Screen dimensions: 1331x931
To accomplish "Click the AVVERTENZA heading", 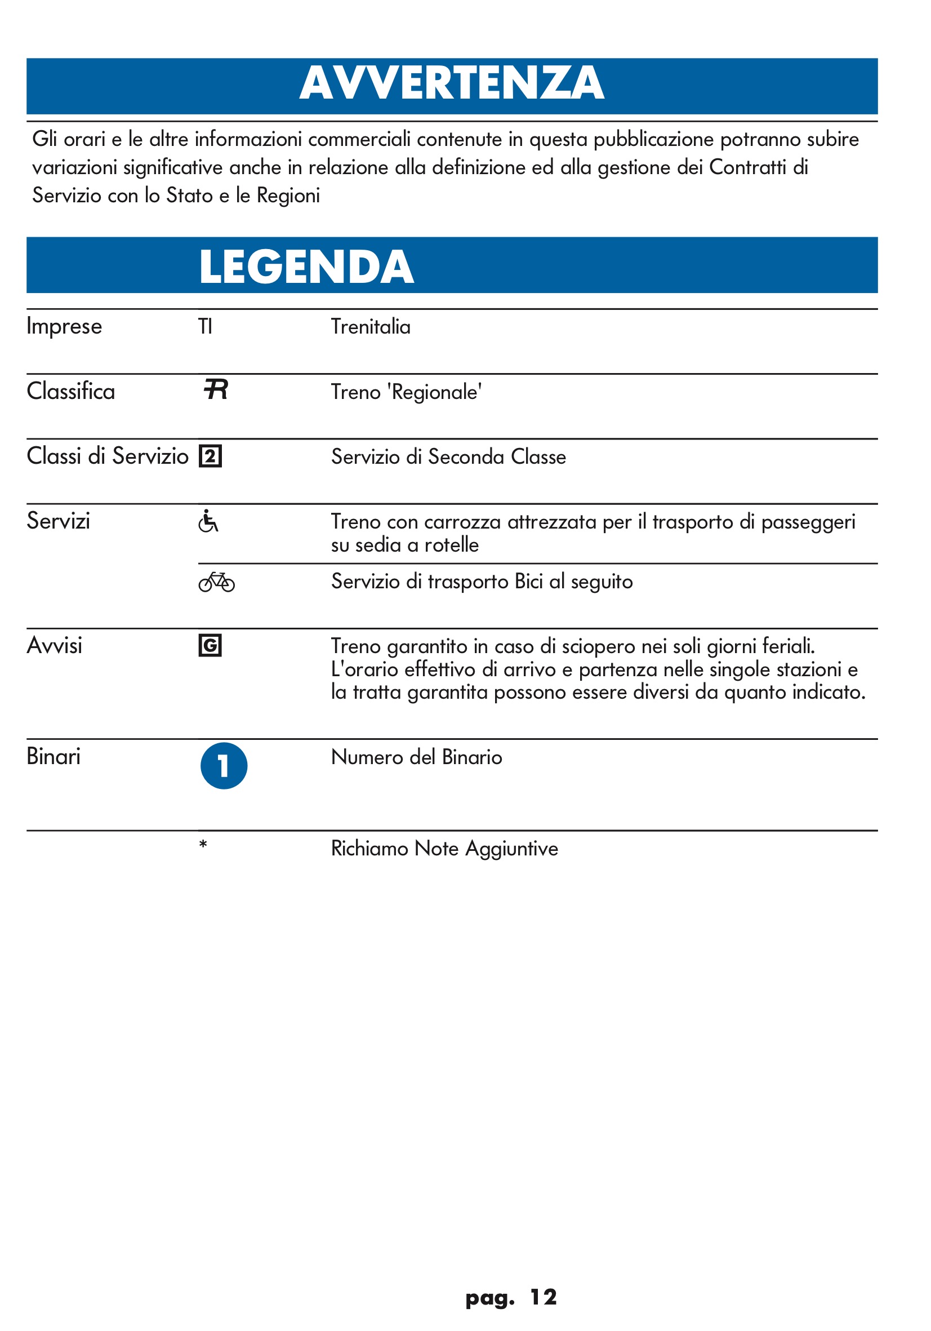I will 451,83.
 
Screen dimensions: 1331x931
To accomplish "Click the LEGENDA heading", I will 306,267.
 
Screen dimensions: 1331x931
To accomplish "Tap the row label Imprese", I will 64,326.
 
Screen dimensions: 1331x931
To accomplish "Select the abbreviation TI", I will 205,326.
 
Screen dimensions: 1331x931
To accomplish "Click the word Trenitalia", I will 370,326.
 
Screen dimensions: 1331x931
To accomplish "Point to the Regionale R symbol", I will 216,389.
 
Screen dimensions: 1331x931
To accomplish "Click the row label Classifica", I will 70,391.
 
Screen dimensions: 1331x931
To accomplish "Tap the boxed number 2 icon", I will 210,456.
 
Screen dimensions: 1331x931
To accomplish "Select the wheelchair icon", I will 208,521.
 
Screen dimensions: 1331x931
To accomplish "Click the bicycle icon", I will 216,582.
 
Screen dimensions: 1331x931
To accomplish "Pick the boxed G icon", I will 210,645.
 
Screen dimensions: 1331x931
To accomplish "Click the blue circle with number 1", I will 224,766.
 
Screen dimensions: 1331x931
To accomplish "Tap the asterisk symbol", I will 203,845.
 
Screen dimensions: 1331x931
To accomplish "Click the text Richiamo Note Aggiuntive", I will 444,849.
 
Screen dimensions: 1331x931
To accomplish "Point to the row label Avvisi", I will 55,646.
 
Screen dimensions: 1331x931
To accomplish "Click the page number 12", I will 543,1297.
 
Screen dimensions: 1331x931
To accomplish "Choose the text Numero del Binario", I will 416,757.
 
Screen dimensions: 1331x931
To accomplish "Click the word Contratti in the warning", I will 747,167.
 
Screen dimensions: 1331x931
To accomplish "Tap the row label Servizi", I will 59,521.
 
